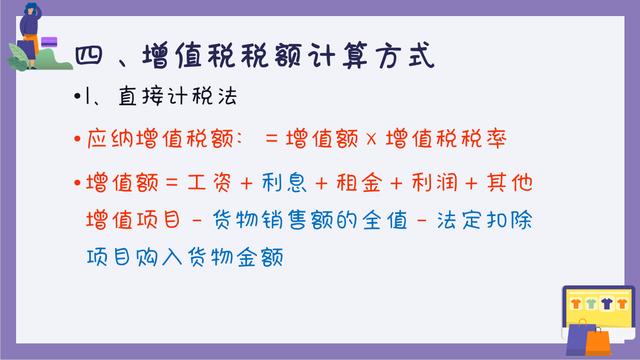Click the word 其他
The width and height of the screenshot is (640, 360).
tap(535, 184)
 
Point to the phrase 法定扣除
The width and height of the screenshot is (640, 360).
tap(515, 219)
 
